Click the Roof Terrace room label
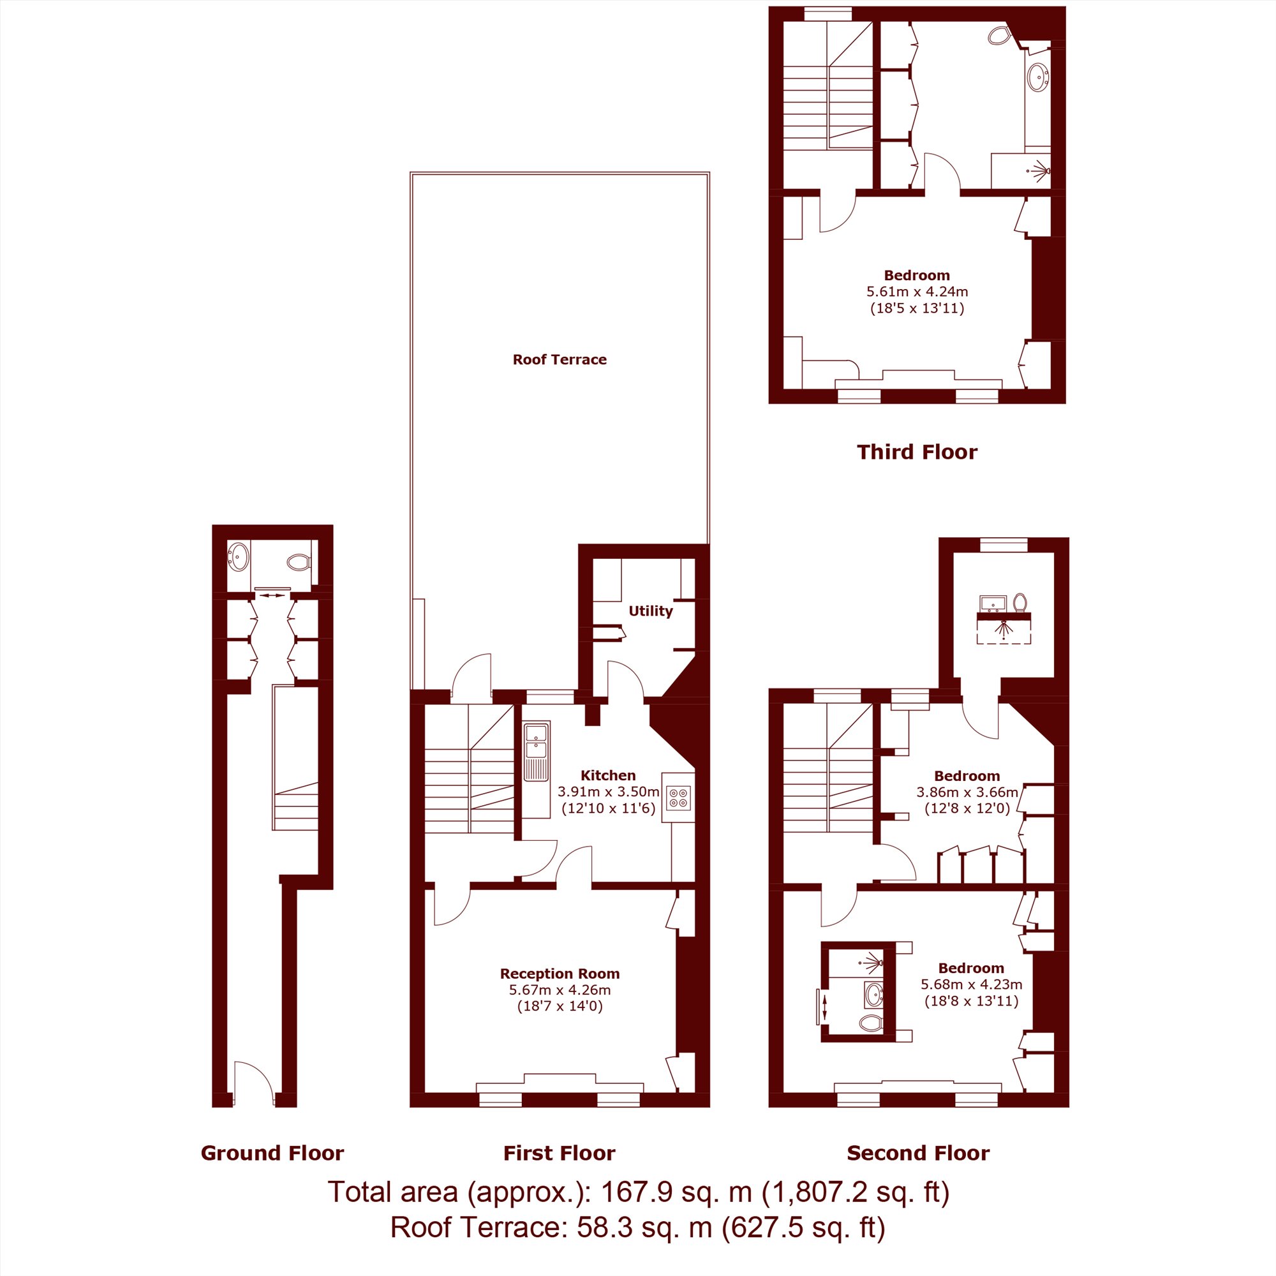[x=560, y=359]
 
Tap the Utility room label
[x=651, y=611]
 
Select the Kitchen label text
[x=608, y=775]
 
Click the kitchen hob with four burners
[x=679, y=798]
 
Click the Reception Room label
[x=560, y=974]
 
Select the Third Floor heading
[x=917, y=452]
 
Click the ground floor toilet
[x=299, y=562]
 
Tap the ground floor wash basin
[x=239, y=556]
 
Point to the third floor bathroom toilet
[x=1000, y=34]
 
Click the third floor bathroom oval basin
[x=1038, y=77]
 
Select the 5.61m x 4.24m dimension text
[x=917, y=292]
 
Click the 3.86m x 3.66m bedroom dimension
[x=967, y=792]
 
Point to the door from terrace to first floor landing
[x=471, y=675]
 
